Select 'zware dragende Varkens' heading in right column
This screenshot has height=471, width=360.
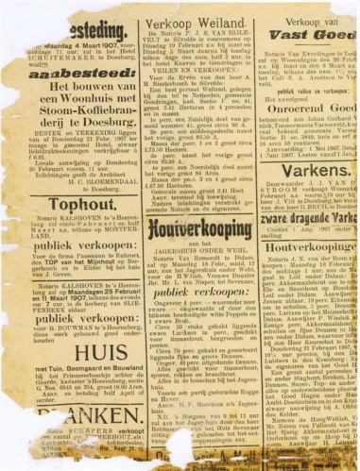pos(301,216)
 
